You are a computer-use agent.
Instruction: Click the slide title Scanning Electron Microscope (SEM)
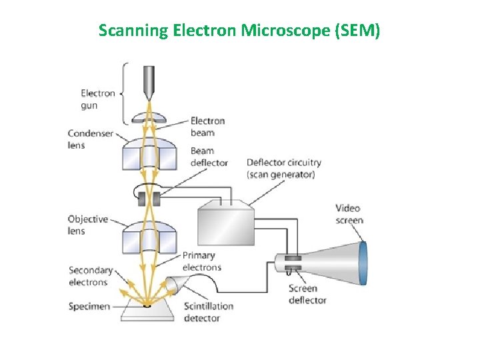[x=239, y=30]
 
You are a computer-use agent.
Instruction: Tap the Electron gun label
[x=98, y=99]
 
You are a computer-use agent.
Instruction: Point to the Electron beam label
[x=207, y=127]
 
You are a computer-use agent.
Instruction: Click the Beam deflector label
[x=209, y=157]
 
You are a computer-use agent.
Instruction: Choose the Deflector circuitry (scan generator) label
[x=283, y=168]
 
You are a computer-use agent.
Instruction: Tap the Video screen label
[x=349, y=214]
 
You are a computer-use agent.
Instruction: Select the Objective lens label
[x=88, y=225]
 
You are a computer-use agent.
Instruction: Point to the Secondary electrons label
[x=91, y=276]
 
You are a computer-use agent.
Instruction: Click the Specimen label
[x=89, y=307]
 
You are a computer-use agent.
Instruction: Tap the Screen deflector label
[x=307, y=294]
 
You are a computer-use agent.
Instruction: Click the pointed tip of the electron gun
[x=147, y=93]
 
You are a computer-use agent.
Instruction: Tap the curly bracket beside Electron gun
[x=124, y=93]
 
